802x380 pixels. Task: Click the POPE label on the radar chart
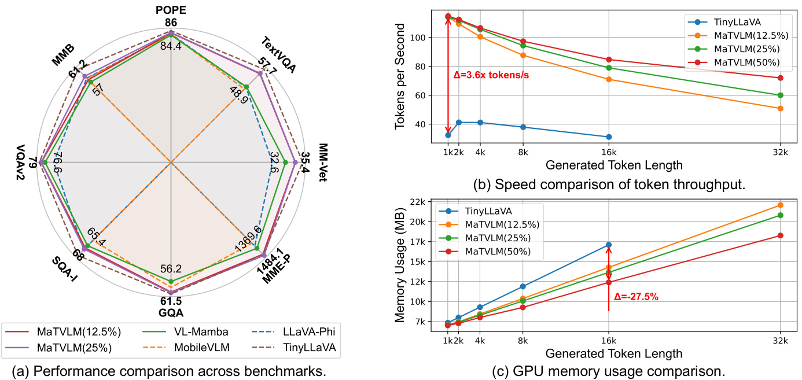pyautogui.click(x=171, y=9)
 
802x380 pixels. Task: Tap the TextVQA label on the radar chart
pyautogui.click(x=278, y=56)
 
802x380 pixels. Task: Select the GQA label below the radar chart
pyautogui.click(x=171, y=313)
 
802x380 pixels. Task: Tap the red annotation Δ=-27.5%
pyautogui.click(x=637, y=297)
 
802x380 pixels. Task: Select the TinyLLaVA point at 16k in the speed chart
pyautogui.click(x=608, y=137)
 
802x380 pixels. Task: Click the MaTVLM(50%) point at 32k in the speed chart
pyautogui.click(x=780, y=78)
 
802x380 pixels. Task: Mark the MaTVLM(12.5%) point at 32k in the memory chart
pyautogui.click(x=780, y=205)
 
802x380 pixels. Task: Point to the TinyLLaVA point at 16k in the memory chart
pyautogui.click(x=608, y=245)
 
